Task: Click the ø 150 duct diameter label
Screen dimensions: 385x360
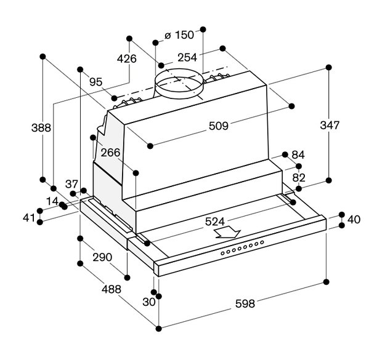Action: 179,35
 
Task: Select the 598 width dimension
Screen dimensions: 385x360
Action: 245,303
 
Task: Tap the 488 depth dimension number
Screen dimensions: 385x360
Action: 111,289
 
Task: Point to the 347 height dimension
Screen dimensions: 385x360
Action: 330,126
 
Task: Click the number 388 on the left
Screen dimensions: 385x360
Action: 41,128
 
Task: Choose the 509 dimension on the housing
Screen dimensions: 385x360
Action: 219,126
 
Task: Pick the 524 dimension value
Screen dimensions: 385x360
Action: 215,222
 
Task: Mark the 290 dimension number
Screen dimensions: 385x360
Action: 102,257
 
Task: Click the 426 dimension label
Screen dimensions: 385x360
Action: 127,59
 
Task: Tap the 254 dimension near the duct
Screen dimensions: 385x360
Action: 187,58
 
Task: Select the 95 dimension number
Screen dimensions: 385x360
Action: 95,82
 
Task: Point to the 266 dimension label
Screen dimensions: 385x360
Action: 110,153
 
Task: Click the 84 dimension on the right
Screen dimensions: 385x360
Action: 298,154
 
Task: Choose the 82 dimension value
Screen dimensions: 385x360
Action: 299,178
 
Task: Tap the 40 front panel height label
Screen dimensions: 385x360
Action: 354,220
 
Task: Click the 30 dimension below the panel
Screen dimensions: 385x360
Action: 149,302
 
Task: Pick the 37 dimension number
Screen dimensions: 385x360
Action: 71,184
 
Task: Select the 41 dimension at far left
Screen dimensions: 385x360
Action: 29,217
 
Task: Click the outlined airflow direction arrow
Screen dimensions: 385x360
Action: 227,233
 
